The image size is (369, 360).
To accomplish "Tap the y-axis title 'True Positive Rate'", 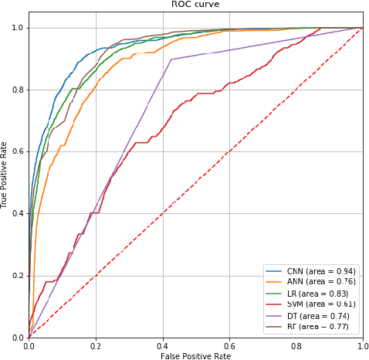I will [5, 175].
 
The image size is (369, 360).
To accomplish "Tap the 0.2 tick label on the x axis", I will [95, 345].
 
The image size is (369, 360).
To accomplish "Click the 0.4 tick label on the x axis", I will [162, 345].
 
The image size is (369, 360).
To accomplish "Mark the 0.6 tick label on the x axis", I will [229, 345].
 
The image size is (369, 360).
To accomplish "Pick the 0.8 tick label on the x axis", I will [295, 345].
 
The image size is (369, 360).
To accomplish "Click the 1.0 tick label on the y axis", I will [17, 28].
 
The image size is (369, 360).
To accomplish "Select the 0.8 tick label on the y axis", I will [17, 90].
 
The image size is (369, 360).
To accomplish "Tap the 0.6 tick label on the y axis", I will [17, 151].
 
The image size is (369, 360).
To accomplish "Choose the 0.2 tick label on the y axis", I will [17, 276].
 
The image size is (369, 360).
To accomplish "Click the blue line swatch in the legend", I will [274, 271].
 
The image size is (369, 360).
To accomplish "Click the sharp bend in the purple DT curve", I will [171, 59].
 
